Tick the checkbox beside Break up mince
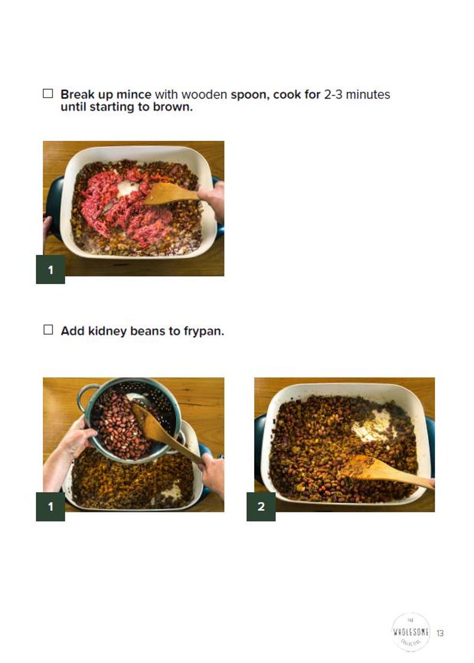48,94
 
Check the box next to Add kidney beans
48,330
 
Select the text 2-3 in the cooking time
336,94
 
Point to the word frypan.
204,331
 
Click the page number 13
440,633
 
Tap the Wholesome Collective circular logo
410,632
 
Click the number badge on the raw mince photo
50,270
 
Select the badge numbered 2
261,507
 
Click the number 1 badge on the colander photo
50,507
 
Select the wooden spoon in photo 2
382,471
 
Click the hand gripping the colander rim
76,439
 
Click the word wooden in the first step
204,94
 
